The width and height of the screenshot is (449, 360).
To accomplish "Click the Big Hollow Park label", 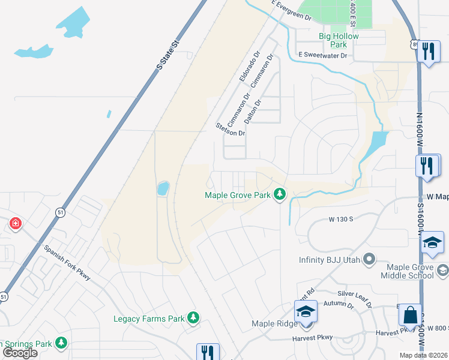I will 339,40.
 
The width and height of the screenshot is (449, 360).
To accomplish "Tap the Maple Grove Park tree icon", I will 279,194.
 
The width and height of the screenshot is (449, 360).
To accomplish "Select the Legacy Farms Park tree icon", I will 193,317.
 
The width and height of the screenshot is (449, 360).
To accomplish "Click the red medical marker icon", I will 15,224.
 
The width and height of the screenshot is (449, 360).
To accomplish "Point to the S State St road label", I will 168,55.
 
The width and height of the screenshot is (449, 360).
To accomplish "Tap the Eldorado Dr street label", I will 249,66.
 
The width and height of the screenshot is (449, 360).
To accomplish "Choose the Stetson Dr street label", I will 231,129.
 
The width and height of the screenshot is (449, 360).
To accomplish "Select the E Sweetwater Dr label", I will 323,55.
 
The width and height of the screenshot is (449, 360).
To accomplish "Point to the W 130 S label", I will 340,220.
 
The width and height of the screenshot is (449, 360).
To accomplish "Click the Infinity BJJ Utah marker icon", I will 369,260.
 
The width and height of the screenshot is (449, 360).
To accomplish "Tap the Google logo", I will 20,352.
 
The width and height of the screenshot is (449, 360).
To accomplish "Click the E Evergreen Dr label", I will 292,13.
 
